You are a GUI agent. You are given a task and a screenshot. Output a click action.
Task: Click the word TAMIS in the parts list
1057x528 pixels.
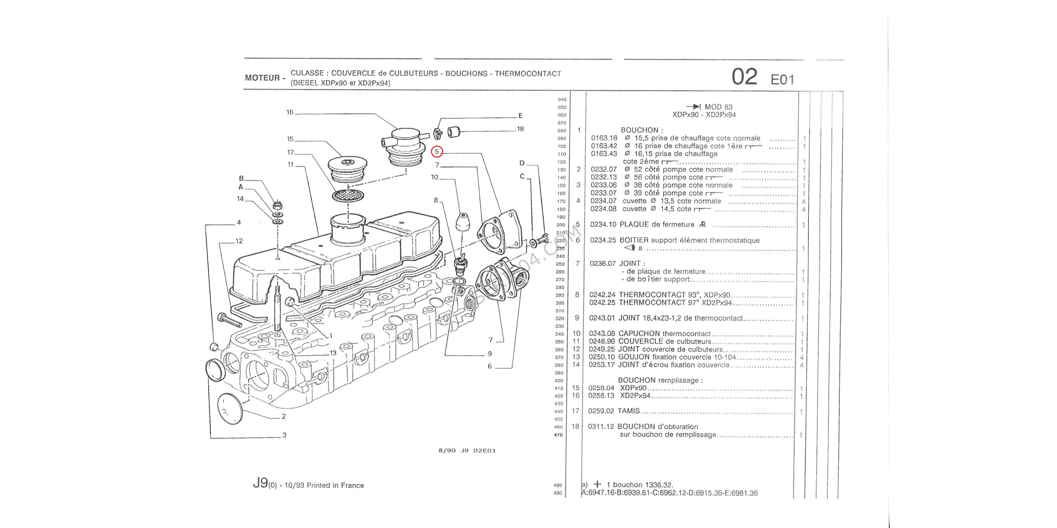pos(629,411)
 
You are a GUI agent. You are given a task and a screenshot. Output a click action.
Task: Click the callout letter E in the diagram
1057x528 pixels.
pos(520,116)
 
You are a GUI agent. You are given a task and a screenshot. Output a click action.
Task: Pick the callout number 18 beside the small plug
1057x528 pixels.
pos(520,129)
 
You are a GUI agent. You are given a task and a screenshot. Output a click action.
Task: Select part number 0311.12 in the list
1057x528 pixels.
pos(601,427)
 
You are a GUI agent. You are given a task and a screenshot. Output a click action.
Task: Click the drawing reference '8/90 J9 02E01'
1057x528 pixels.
pos(467,451)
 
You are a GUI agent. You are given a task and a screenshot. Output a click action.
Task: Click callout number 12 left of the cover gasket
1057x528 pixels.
pos(239,241)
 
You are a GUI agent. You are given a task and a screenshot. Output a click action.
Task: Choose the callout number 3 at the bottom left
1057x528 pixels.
pos(284,435)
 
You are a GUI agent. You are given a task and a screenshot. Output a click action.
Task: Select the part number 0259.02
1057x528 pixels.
pos(601,411)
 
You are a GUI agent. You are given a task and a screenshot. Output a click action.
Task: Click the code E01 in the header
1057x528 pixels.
pos(782,79)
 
